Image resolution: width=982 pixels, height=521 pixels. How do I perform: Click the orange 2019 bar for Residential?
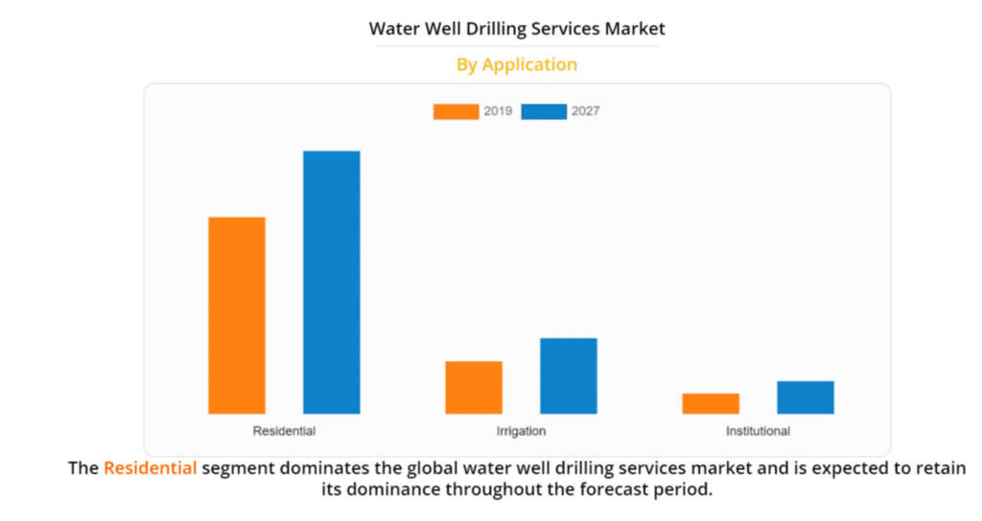tap(237, 316)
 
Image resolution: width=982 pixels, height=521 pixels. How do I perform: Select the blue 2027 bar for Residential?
tap(332, 282)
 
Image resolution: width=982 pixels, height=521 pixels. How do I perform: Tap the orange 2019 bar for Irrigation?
tap(474, 388)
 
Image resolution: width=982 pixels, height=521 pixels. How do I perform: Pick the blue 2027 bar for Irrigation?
tap(569, 376)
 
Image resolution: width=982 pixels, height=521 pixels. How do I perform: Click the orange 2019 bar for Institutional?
tap(711, 404)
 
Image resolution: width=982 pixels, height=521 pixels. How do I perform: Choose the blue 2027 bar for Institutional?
tap(806, 397)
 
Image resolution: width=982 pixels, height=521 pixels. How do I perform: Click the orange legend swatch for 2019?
tap(456, 111)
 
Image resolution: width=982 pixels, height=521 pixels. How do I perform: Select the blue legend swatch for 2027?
tap(544, 111)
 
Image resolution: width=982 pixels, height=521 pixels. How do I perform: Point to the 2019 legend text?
tap(498, 111)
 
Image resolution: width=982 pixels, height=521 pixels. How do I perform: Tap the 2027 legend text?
tap(586, 111)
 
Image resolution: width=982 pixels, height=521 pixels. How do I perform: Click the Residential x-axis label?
tap(284, 431)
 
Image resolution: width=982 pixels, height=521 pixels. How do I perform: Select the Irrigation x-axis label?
tap(521, 431)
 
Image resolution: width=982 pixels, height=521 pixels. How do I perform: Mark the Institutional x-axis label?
tap(758, 431)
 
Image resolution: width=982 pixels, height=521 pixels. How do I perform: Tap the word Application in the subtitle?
tap(529, 65)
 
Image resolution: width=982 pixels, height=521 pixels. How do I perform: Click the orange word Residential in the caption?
tap(151, 468)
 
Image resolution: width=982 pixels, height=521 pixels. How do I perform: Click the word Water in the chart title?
tap(394, 29)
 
